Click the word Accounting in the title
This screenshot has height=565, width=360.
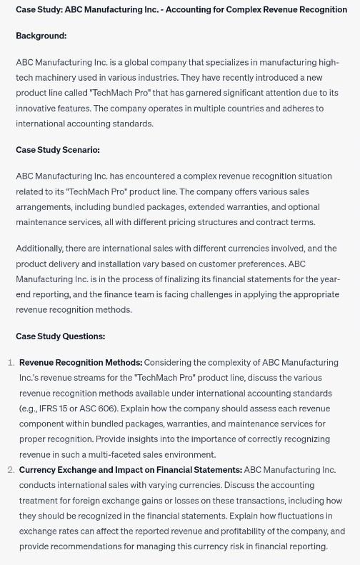[x=188, y=9]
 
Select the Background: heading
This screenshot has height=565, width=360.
[x=41, y=36]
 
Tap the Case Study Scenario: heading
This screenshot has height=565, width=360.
[x=58, y=150]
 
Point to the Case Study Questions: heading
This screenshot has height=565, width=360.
[x=60, y=336]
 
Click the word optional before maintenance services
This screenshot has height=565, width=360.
[x=303, y=206]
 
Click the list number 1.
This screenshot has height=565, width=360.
[x=11, y=363]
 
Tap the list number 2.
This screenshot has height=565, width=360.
[x=11, y=470]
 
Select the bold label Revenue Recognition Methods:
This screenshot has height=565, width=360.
[x=81, y=363]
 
